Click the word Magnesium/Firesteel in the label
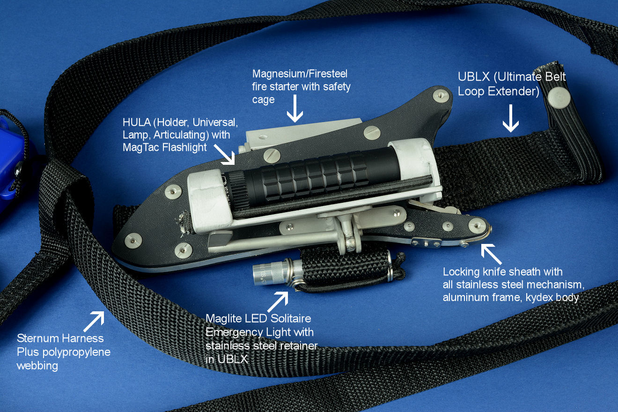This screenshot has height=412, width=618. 300,74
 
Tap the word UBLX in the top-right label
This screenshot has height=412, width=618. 474,77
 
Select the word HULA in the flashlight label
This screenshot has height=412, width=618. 137,122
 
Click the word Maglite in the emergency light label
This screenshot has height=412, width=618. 224,319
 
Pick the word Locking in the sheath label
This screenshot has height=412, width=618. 461,272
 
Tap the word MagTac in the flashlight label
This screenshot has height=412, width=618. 141,147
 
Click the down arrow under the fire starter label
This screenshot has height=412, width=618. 294,109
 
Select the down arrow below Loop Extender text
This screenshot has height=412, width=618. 511,118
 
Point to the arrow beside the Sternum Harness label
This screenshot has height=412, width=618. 94,322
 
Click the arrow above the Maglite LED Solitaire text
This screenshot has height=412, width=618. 278,302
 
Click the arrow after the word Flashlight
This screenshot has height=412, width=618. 224,154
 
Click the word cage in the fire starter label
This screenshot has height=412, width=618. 263,100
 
